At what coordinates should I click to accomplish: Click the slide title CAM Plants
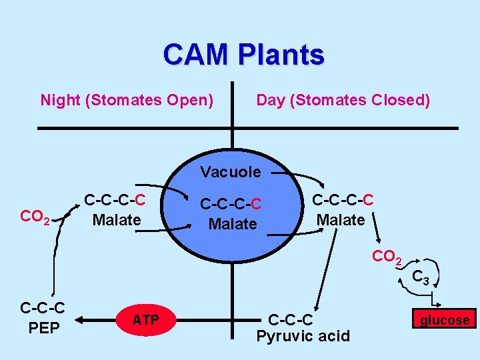[243, 55]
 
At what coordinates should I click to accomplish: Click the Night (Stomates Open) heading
[127, 100]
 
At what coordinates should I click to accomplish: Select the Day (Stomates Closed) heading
[343, 100]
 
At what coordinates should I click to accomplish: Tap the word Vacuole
[231, 172]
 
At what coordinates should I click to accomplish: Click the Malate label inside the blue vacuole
[232, 224]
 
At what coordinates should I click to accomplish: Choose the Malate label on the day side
[340, 219]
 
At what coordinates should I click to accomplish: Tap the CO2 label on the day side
[386, 257]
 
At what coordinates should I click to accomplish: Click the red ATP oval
[145, 320]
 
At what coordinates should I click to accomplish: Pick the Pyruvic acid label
[303, 335]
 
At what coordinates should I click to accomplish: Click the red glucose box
[444, 320]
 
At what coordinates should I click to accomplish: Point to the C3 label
[420, 276]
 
